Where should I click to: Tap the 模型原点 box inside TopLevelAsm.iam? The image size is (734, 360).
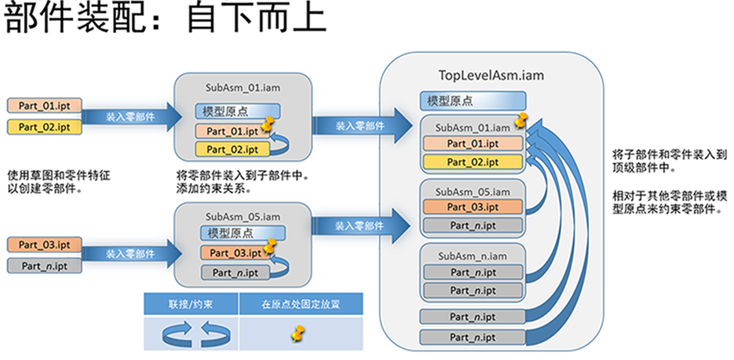click(472, 101)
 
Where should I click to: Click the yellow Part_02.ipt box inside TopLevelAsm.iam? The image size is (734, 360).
click(472, 162)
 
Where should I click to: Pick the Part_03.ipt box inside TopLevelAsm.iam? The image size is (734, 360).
click(472, 207)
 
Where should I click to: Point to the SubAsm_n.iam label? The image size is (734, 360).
click(472, 256)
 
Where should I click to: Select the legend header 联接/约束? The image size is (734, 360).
click(191, 304)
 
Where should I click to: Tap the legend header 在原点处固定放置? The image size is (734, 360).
click(301, 304)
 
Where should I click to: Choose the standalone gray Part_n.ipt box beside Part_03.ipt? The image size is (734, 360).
click(44, 266)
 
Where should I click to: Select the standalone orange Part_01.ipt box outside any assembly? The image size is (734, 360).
click(44, 105)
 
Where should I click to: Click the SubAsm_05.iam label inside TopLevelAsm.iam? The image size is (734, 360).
click(472, 192)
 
